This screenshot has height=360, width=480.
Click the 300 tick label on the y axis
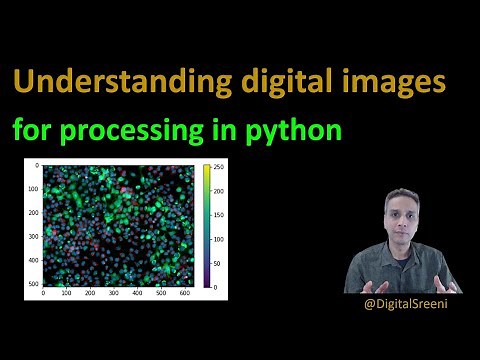point(32,236)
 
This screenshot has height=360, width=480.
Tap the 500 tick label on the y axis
point(32,285)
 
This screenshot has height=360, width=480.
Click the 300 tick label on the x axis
point(113,294)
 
